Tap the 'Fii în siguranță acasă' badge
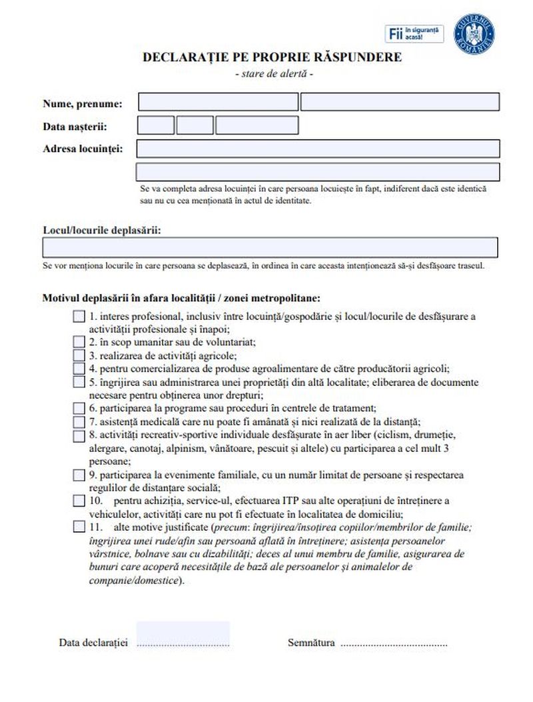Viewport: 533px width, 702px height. (415, 33)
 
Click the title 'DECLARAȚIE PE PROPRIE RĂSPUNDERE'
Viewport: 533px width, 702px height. (272, 57)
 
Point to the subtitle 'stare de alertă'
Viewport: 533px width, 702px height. (274, 72)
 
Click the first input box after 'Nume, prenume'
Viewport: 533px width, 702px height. (218, 102)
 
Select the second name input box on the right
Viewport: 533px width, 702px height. (400, 102)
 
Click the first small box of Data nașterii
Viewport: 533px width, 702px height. (156, 125)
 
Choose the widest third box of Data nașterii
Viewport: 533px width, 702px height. (257, 125)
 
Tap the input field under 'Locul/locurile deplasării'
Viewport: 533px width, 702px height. (270, 247)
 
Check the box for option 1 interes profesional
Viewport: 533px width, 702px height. (79, 317)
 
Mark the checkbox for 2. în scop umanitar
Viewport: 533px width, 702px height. (79, 342)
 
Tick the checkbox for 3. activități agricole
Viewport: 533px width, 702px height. (79, 355)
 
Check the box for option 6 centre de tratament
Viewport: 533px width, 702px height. (79, 408)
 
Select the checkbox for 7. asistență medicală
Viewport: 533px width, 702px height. (79, 421)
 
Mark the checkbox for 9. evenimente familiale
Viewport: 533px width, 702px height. (79, 475)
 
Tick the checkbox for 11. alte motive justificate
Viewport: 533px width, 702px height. (79, 527)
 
